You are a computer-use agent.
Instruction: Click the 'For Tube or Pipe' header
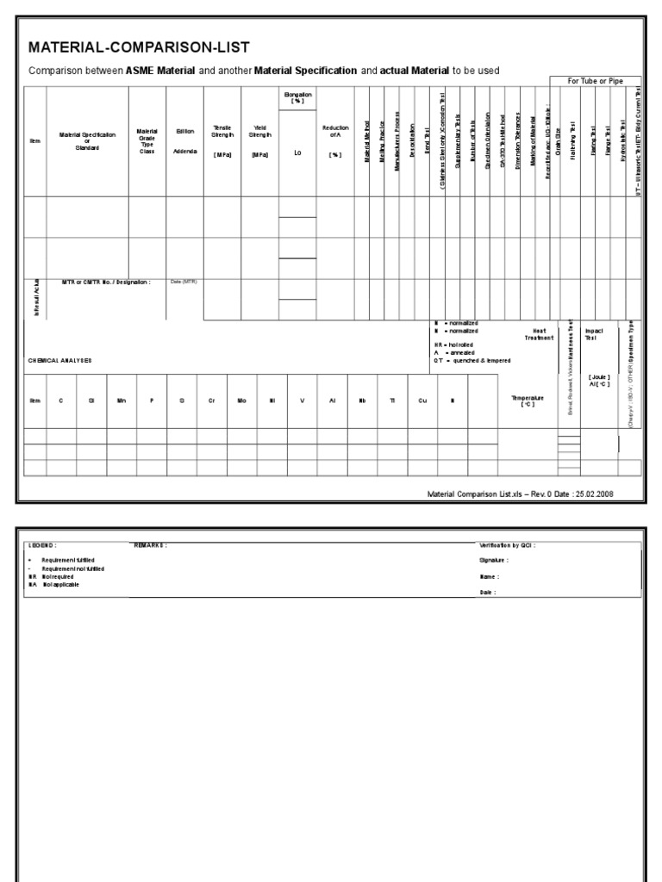point(596,81)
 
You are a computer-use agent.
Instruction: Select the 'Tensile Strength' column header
point(222,132)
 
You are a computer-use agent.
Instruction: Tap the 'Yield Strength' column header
point(260,132)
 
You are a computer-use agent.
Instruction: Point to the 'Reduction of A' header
point(335,131)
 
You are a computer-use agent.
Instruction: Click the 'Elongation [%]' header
point(297,97)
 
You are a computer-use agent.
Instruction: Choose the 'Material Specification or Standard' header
point(87,140)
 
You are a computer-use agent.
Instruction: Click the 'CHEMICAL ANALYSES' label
point(59,360)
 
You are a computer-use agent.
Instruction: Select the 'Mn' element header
point(121,401)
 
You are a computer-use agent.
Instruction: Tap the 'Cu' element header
point(422,401)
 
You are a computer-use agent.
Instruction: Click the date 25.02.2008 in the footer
point(595,494)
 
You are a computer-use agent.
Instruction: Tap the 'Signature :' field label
point(490,560)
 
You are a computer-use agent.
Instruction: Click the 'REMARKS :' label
point(150,545)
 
